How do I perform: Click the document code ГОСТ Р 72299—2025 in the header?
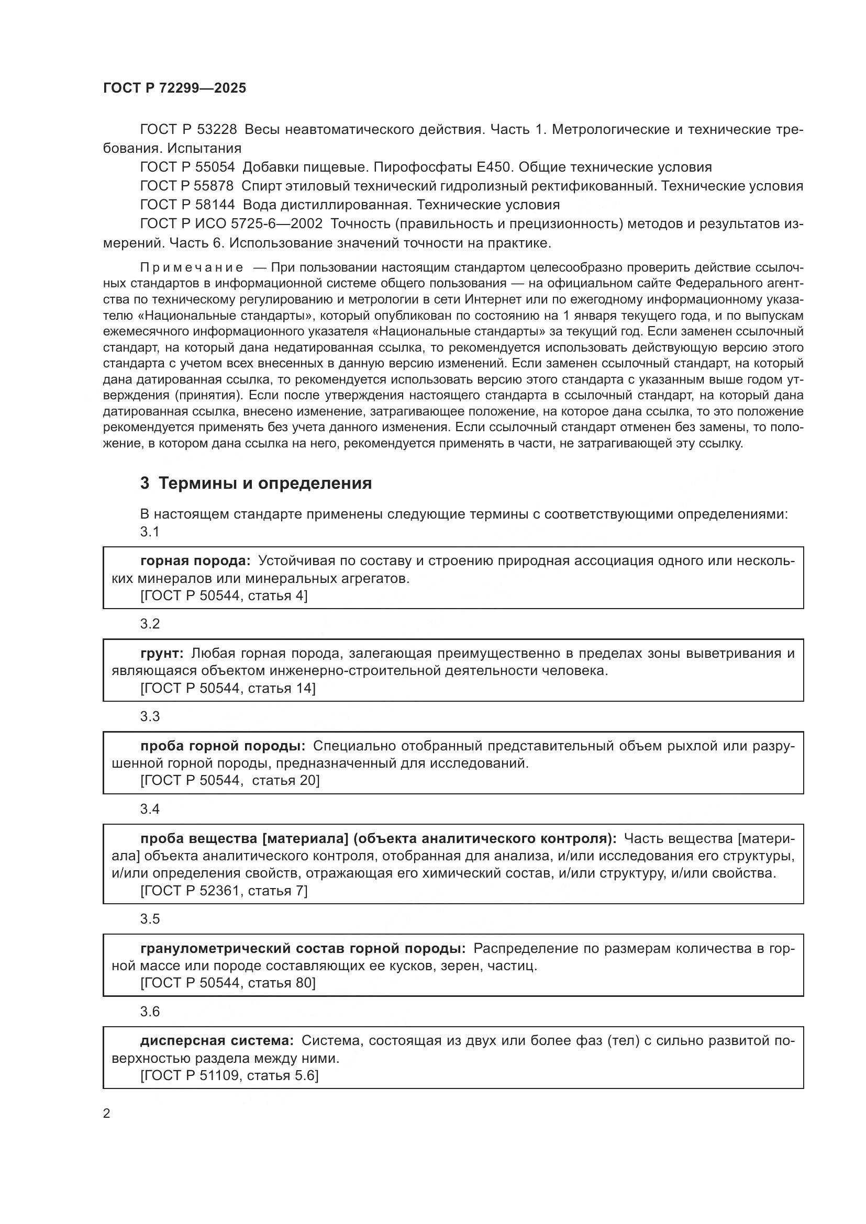click(174, 88)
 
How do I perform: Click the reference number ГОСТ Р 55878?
click(186, 186)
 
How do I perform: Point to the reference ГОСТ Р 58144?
click(187, 205)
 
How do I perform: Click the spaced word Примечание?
click(192, 267)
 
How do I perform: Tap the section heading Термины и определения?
click(265, 484)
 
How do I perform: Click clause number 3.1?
click(150, 532)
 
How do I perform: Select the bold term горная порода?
click(195, 561)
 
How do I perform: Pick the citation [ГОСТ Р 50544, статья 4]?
click(224, 596)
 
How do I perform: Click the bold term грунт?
click(162, 654)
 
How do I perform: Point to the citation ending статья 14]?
click(228, 689)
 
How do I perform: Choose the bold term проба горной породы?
click(223, 746)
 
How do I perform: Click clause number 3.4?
click(150, 809)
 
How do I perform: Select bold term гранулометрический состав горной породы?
click(303, 948)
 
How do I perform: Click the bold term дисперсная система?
click(217, 1041)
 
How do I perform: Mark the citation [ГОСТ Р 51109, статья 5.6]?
click(229, 1076)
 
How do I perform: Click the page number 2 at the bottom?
click(107, 1114)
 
